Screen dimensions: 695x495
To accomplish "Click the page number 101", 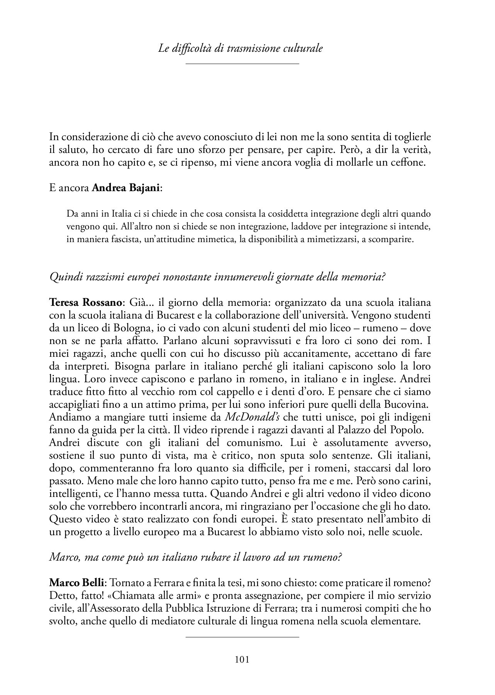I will click(x=242, y=659).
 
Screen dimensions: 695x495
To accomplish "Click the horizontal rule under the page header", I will click(x=242, y=63).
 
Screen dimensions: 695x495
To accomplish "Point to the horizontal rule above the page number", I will click(x=242, y=637).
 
